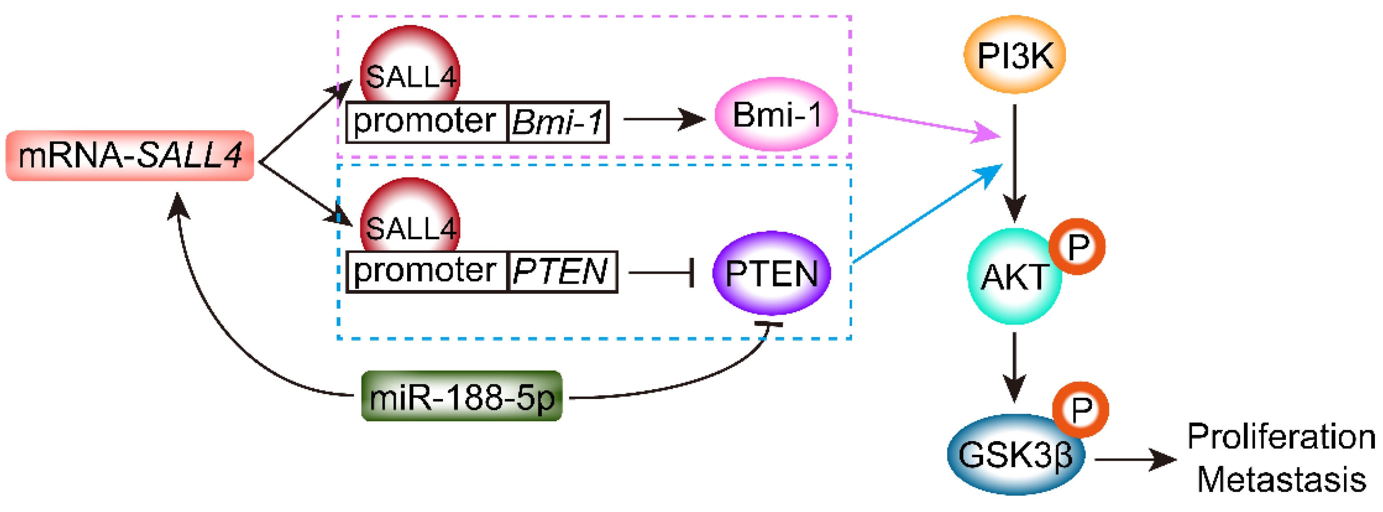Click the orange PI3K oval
coord(1014,54)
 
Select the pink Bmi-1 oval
coord(776,114)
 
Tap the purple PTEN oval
coord(771,273)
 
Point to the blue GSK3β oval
coord(1015,454)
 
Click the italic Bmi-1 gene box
coord(558,122)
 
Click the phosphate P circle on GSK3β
coord(1080,410)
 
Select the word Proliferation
coord(1281,436)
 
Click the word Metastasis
coord(1281,479)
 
